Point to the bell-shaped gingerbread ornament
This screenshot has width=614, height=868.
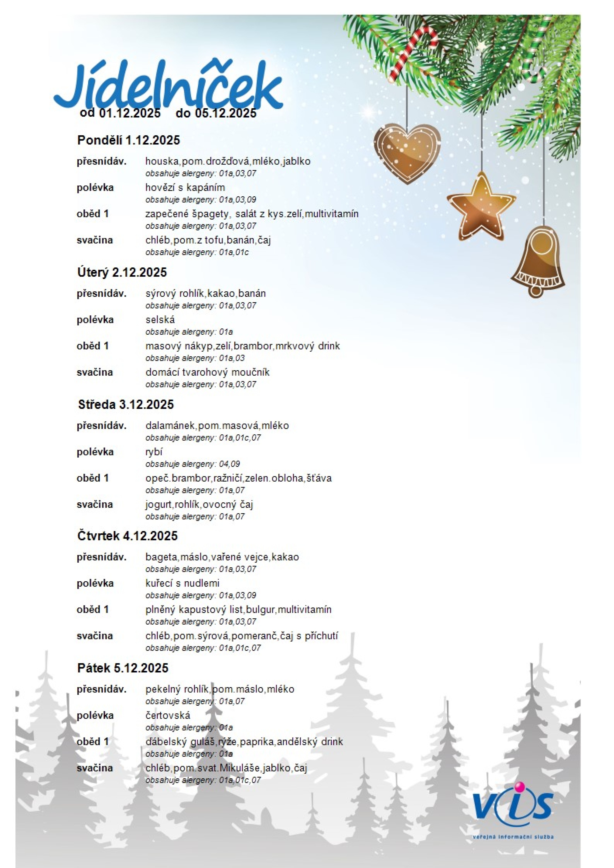(x=538, y=261)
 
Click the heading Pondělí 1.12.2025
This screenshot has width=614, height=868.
(x=129, y=140)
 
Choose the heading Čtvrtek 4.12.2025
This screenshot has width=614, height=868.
(x=128, y=536)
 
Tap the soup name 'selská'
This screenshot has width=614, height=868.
(x=160, y=320)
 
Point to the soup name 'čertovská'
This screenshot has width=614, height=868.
(x=168, y=715)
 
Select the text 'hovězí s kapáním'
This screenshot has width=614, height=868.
(x=185, y=188)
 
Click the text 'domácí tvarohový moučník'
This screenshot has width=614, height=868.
(x=207, y=372)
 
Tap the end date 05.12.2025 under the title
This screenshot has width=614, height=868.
(x=226, y=113)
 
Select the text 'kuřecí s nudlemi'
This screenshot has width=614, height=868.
(x=182, y=583)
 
